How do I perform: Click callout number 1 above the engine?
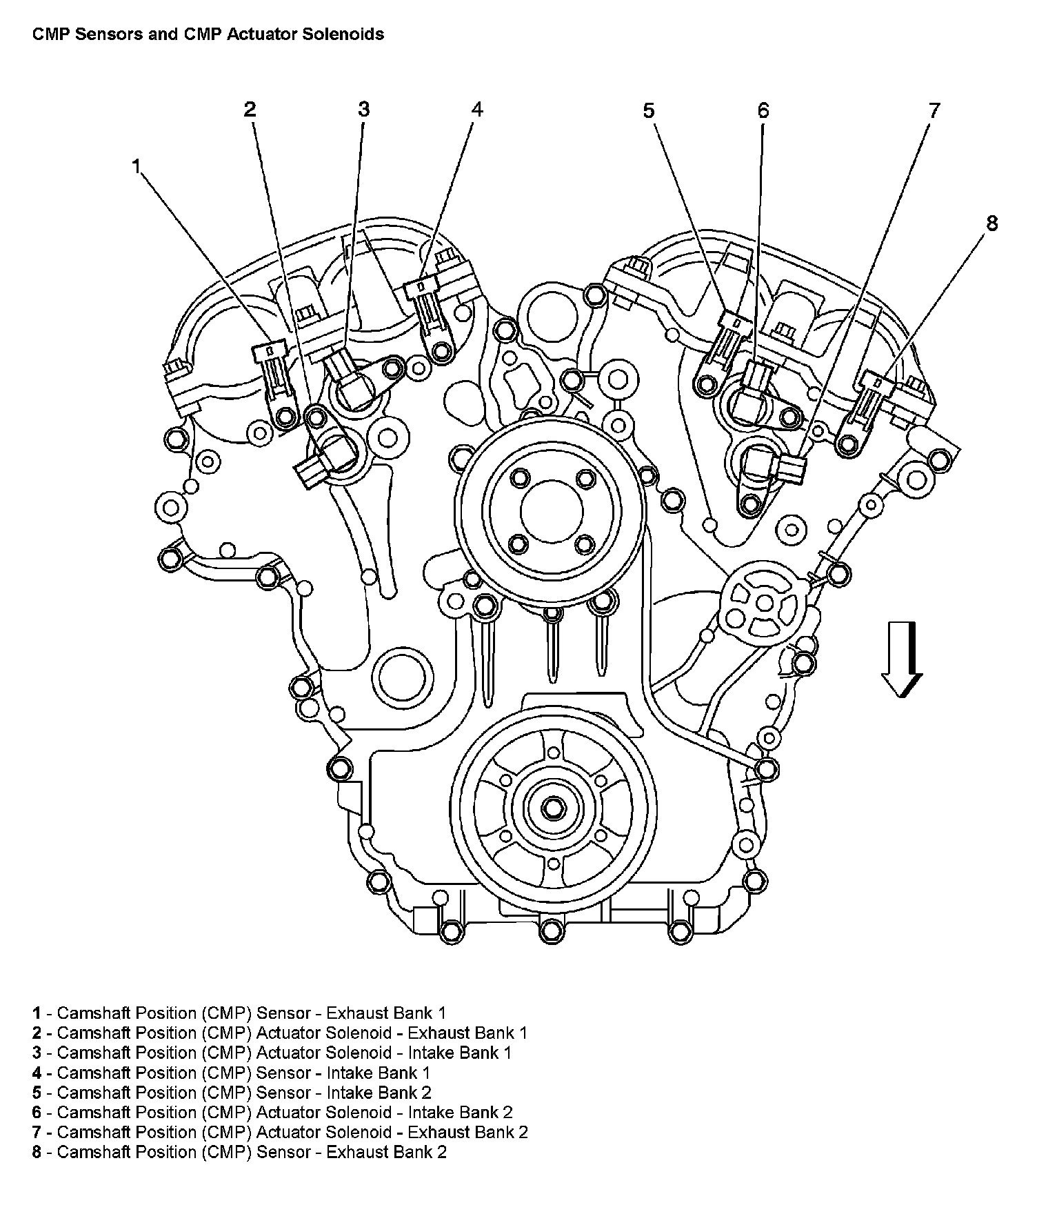[x=137, y=166]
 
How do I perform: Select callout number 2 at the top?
[x=250, y=109]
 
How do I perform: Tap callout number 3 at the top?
[x=363, y=109]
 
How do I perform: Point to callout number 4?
[x=477, y=109]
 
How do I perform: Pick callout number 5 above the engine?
[x=649, y=110]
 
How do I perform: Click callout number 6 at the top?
[x=763, y=110]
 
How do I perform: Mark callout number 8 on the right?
[x=991, y=223]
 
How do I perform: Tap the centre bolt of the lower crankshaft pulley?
[x=552, y=807]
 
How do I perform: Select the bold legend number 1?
[x=37, y=1013]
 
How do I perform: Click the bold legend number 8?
[x=37, y=1151]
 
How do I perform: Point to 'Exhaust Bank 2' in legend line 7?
[x=467, y=1131]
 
